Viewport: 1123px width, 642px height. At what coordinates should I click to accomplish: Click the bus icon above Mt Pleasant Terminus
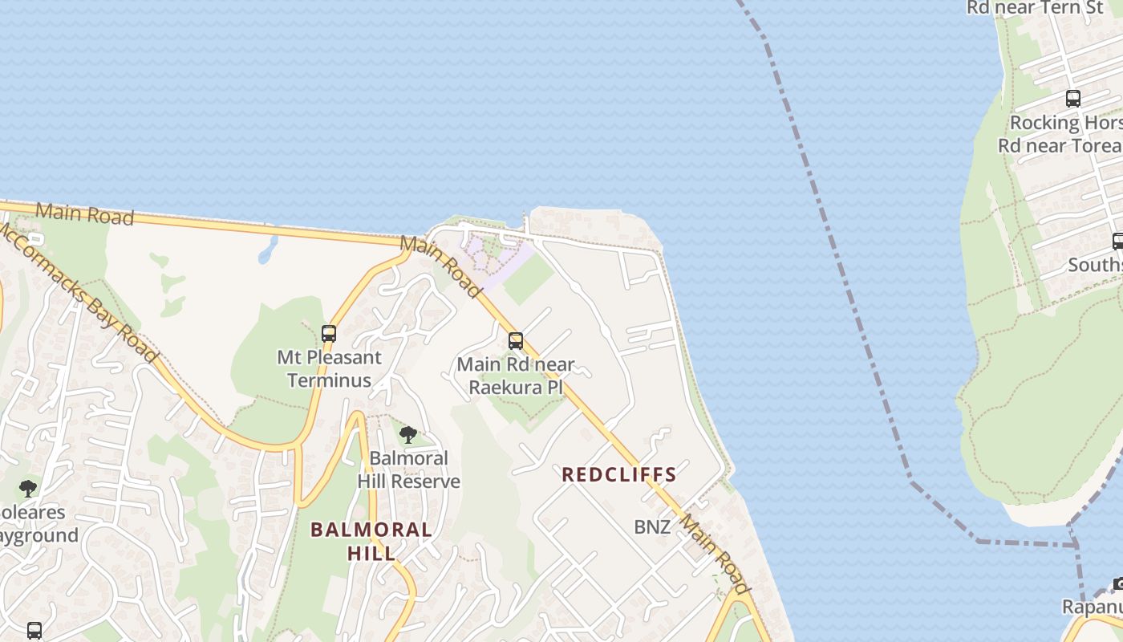coord(328,334)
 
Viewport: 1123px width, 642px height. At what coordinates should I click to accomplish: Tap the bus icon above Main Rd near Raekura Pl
coord(516,341)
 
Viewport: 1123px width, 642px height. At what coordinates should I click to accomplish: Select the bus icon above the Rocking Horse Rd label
coord(1072,99)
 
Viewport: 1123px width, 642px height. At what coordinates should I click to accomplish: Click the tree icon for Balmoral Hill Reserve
coord(408,435)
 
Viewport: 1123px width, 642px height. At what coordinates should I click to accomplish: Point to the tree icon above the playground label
coord(28,488)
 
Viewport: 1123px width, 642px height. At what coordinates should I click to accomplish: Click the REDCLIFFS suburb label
coord(619,474)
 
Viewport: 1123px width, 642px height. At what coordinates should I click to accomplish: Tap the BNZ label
coord(652,527)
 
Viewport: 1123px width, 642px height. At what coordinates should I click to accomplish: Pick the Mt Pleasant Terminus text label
coord(330,368)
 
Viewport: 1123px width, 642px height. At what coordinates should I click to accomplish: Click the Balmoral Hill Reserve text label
coord(409,469)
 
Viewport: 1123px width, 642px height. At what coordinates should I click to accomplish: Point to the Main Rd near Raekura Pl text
coord(516,376)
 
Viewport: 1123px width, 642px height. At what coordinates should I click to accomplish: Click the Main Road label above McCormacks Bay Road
coord(84,213)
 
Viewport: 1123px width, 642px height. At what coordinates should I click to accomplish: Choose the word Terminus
coord(329,380)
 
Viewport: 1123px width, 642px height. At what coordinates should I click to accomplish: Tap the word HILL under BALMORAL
coord(371,553)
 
